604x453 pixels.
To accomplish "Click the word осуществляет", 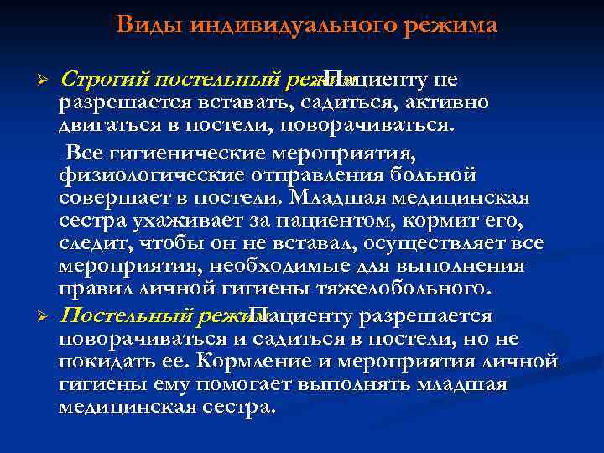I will click(444, 244).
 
